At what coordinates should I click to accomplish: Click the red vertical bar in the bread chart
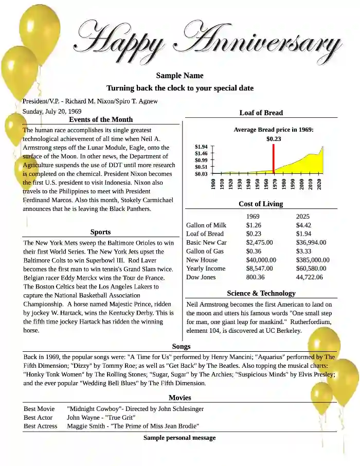click(273, 157)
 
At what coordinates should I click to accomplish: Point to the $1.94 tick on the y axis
click(201, 147)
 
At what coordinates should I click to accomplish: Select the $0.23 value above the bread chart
click(274, 139)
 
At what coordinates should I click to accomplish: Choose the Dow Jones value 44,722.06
click(310, 277)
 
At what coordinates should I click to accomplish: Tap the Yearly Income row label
click(206, 268)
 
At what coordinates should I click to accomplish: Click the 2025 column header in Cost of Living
click(303, 217)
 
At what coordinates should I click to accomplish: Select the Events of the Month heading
click(101, 119)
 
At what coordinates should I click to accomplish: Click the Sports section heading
click(100, 232)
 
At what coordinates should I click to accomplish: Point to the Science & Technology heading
click(261, 293)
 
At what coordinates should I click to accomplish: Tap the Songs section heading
click(181, 347)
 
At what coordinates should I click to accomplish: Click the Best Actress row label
click(41, 426)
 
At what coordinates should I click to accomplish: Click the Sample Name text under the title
click(179, 76)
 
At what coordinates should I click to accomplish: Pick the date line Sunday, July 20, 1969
click(52, 111)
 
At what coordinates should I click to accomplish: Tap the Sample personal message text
click(179, 438)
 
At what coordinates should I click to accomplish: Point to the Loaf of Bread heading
click(261, 113)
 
